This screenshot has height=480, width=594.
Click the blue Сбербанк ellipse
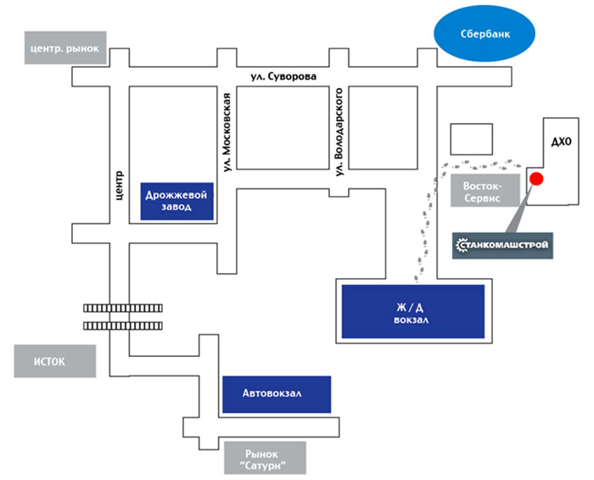pos(485,33)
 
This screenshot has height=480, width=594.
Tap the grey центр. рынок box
pos(65,47)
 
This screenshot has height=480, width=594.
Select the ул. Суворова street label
pos(283,77)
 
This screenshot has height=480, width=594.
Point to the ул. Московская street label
pos(227,132)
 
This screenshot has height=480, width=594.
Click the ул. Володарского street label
pos(339,131)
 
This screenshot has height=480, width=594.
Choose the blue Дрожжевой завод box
pos(177,201)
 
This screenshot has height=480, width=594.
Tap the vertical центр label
pos(119,186)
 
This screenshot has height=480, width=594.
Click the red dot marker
pos(536,179)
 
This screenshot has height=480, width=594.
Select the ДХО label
pos(561,142)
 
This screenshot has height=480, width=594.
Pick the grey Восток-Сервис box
pos(485,191)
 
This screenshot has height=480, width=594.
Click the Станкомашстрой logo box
pos(502,246)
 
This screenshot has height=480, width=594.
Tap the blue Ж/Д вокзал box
pos(413,311)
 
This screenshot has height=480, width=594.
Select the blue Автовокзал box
pos(277,394)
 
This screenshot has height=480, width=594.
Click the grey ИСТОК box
pos(55,361)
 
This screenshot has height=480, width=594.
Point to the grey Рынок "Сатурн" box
pos(265,458)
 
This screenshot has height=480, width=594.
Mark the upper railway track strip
pos(123,308)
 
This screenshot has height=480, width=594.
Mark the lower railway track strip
pos(123,326)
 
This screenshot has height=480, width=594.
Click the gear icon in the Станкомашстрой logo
pos(462,245)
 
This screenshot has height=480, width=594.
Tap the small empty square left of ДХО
pos(471,139)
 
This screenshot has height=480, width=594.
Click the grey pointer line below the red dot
pos(519,209)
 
